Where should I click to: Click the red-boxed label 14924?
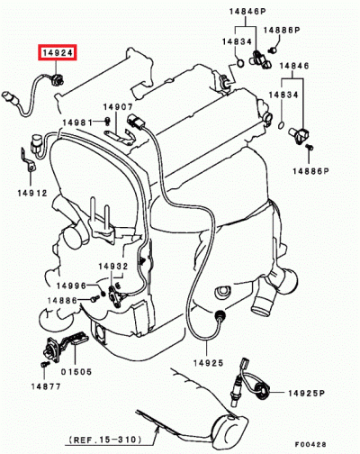(x=58, y=53)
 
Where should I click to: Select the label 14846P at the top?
(x=247, y=12)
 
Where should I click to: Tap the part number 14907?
(x=118, y=107)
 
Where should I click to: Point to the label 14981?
(x=77, y=123)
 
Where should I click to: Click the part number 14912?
(x=32, y=193)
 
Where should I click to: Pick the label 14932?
(x=113, y=266)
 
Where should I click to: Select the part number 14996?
(x=71, y=286)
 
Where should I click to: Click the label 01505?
(x=76, y=371)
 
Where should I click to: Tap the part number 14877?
(x=46, y=386)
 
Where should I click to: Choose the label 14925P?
(x=306, y=393)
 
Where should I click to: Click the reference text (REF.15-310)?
(x=104, y=440)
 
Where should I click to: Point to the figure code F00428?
(x=310, y=444)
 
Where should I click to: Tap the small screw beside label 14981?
(x=107, y=121)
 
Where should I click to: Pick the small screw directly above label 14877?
(x=45, y=364)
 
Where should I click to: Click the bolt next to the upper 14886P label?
(x=273, y=50)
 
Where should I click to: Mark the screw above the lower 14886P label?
(x=310, y=147)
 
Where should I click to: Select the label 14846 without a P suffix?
(x=294, y=66)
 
